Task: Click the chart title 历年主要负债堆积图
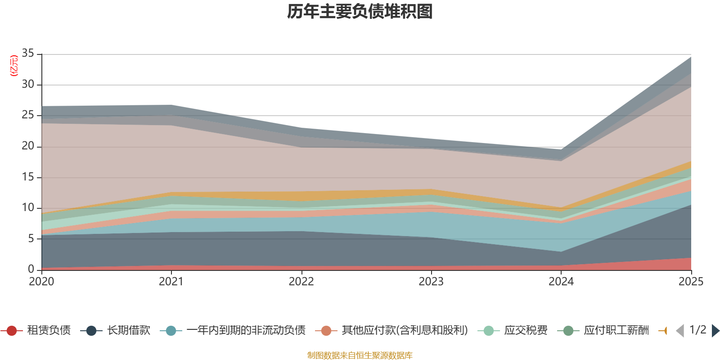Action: click(360, 12)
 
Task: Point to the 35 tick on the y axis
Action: click(28, 54)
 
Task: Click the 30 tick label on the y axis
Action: click(28, 84)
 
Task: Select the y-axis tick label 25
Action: click(28, 115)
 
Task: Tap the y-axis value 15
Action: click(28, 177)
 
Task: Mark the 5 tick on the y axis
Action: click(31, 238)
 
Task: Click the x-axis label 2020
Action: click(41, 282)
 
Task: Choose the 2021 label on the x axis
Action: click(171, 282)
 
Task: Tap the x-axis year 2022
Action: click(301, 282)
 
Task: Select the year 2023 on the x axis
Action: click(431, 282)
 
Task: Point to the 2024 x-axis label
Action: click(561, 282)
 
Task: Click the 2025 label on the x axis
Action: click(690, 282)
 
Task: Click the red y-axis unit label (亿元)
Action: click(14, 66)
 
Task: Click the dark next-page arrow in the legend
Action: click(715, 331)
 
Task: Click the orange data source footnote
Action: click(360, 355)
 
